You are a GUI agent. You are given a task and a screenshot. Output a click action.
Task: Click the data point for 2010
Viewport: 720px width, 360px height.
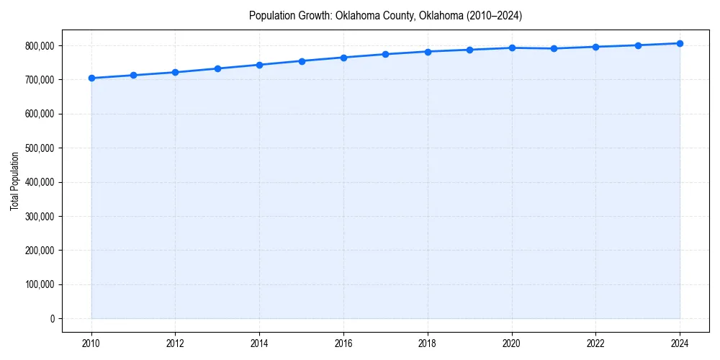pos(91,78)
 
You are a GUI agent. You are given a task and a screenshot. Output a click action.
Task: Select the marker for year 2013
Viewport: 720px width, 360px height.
pos(217,68)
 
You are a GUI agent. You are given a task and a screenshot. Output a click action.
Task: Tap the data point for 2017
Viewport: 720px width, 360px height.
pos(386,54)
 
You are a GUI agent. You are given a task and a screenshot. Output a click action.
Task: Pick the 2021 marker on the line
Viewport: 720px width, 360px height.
pos(554,49)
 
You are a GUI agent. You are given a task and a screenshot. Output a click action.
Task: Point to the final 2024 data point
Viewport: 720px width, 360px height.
pos(680,43)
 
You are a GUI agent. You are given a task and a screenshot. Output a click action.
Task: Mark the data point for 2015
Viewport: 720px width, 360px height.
pos(302,61)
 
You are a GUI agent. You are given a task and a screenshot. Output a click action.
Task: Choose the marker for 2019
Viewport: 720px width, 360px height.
pos(469,50)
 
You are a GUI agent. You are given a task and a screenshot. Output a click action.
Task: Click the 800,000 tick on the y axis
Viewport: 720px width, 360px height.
pos(40,46)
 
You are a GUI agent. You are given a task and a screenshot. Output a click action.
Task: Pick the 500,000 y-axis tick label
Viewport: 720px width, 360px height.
pos(40,148)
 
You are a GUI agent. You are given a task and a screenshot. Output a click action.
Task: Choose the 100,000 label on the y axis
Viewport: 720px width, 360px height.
pos(40,284)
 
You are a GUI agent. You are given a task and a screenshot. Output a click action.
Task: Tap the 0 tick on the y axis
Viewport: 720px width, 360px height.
pos(52,319)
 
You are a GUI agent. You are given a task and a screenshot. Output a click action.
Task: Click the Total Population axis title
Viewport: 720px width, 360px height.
pos(14,181)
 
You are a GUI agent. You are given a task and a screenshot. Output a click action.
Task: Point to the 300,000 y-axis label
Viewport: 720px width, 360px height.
pos(40,217)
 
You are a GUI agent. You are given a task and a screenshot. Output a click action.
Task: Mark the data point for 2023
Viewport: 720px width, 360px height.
pos(638,45)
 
